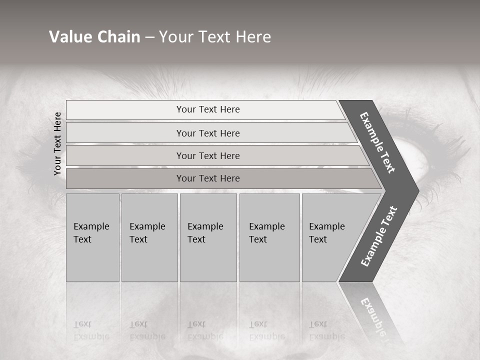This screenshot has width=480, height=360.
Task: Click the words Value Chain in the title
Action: pos(94,37)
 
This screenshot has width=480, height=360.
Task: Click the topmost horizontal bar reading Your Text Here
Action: pos(208,109)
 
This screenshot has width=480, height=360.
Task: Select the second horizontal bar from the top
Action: pos(208,133)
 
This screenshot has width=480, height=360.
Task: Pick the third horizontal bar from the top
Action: pos(208,155)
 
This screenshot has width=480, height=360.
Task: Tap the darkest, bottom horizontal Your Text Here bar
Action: pos(208,178)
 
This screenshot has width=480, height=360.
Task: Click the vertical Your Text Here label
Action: pos(57,143)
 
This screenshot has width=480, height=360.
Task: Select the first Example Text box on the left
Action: pos(92,237)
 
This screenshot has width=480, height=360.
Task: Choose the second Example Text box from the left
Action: pos(149,237)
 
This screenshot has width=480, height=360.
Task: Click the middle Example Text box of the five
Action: pos(208,237)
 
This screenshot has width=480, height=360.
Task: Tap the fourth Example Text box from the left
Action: pos(269,237)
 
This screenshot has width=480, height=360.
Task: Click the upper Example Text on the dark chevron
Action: pos(377,142)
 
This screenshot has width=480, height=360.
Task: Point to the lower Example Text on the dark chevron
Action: pos(379,236)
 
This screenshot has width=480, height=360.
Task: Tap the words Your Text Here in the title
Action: pos(215,37)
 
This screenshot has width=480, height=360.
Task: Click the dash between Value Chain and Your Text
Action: pos(149,37)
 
